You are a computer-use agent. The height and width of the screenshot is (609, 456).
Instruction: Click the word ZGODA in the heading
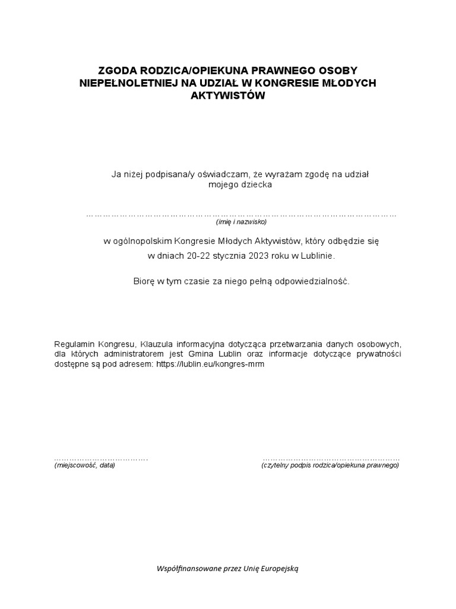116,70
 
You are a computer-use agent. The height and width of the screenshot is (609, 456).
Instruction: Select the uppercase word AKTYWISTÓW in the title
227,95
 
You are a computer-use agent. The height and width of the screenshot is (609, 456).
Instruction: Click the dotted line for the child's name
241,214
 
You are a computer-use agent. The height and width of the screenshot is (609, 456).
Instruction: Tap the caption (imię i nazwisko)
241,222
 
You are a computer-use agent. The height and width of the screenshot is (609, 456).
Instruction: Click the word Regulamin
74,344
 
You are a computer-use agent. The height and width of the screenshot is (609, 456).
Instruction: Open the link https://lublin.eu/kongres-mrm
210,365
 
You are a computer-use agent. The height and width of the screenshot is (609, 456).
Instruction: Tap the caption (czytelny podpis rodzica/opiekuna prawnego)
330,466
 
